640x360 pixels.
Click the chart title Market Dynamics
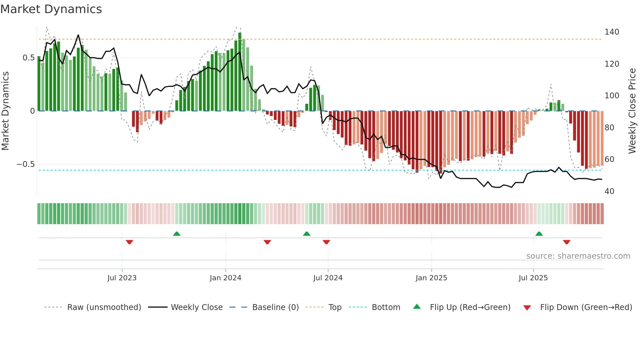pos(51,9)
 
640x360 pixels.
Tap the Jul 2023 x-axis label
pos(122,278)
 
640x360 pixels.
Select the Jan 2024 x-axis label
pos(225,278)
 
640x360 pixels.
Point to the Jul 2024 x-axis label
pos(328,278)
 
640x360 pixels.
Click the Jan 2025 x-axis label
pos(431,278)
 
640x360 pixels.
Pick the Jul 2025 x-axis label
pos(533,278)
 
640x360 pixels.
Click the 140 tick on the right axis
pos(612,32)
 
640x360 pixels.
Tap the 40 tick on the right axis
pos(609,191)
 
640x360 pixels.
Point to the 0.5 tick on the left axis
pos(28,58)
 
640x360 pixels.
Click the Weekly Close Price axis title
pos(632,111)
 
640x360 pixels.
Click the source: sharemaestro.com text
pos(578,256)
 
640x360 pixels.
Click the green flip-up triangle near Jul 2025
pos(539,234)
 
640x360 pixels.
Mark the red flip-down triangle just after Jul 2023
pos(129,242)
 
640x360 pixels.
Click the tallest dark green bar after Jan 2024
pos(240,72)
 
